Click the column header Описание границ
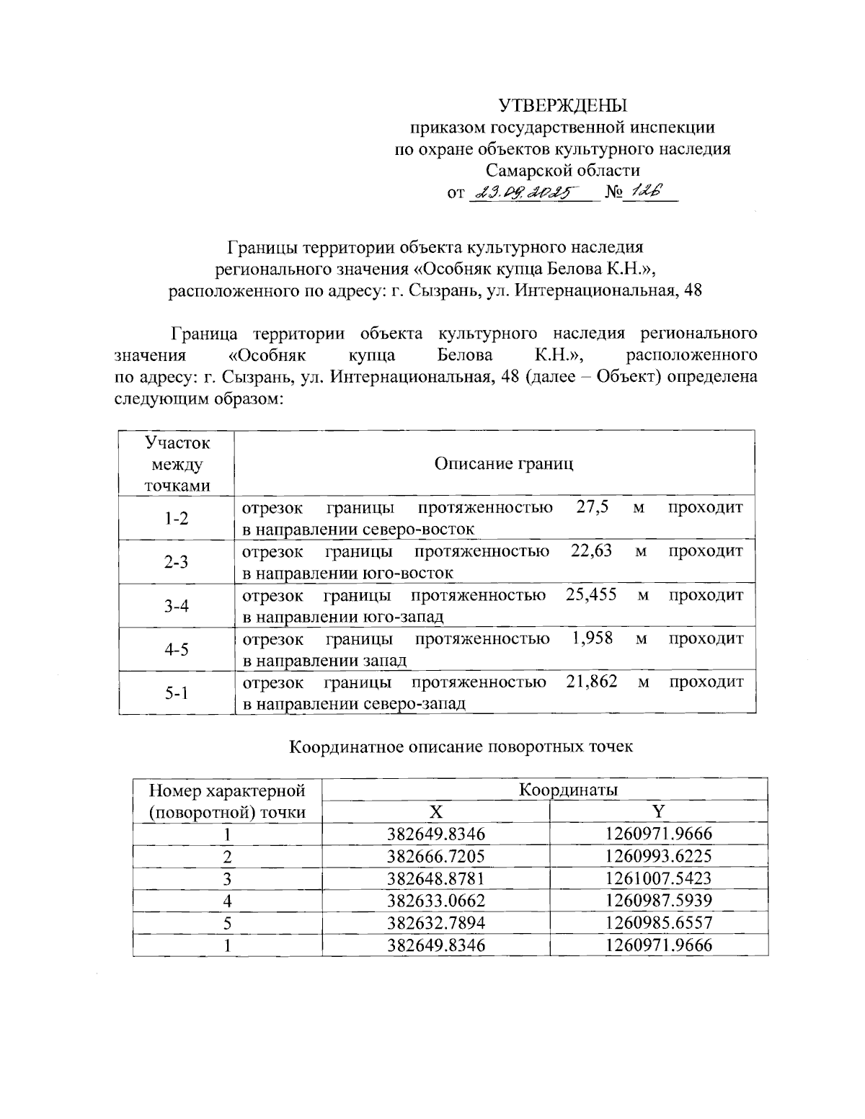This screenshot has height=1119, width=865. point(504,463)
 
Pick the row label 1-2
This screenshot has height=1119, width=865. point(176,518)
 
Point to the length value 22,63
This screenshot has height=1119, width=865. point(591,551)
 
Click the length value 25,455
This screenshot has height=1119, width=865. point(591,595)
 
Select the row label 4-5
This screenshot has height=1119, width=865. point(176,649)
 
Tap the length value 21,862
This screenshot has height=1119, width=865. point(592,682)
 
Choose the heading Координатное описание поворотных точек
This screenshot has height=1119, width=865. point(461,746)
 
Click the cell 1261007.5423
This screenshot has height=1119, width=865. point(659,878)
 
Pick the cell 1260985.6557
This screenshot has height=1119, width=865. point(659,923)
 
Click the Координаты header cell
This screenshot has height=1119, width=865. point(568,790)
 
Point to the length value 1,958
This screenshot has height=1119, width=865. point(593,638)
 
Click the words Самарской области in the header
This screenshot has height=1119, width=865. point(562,171)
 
